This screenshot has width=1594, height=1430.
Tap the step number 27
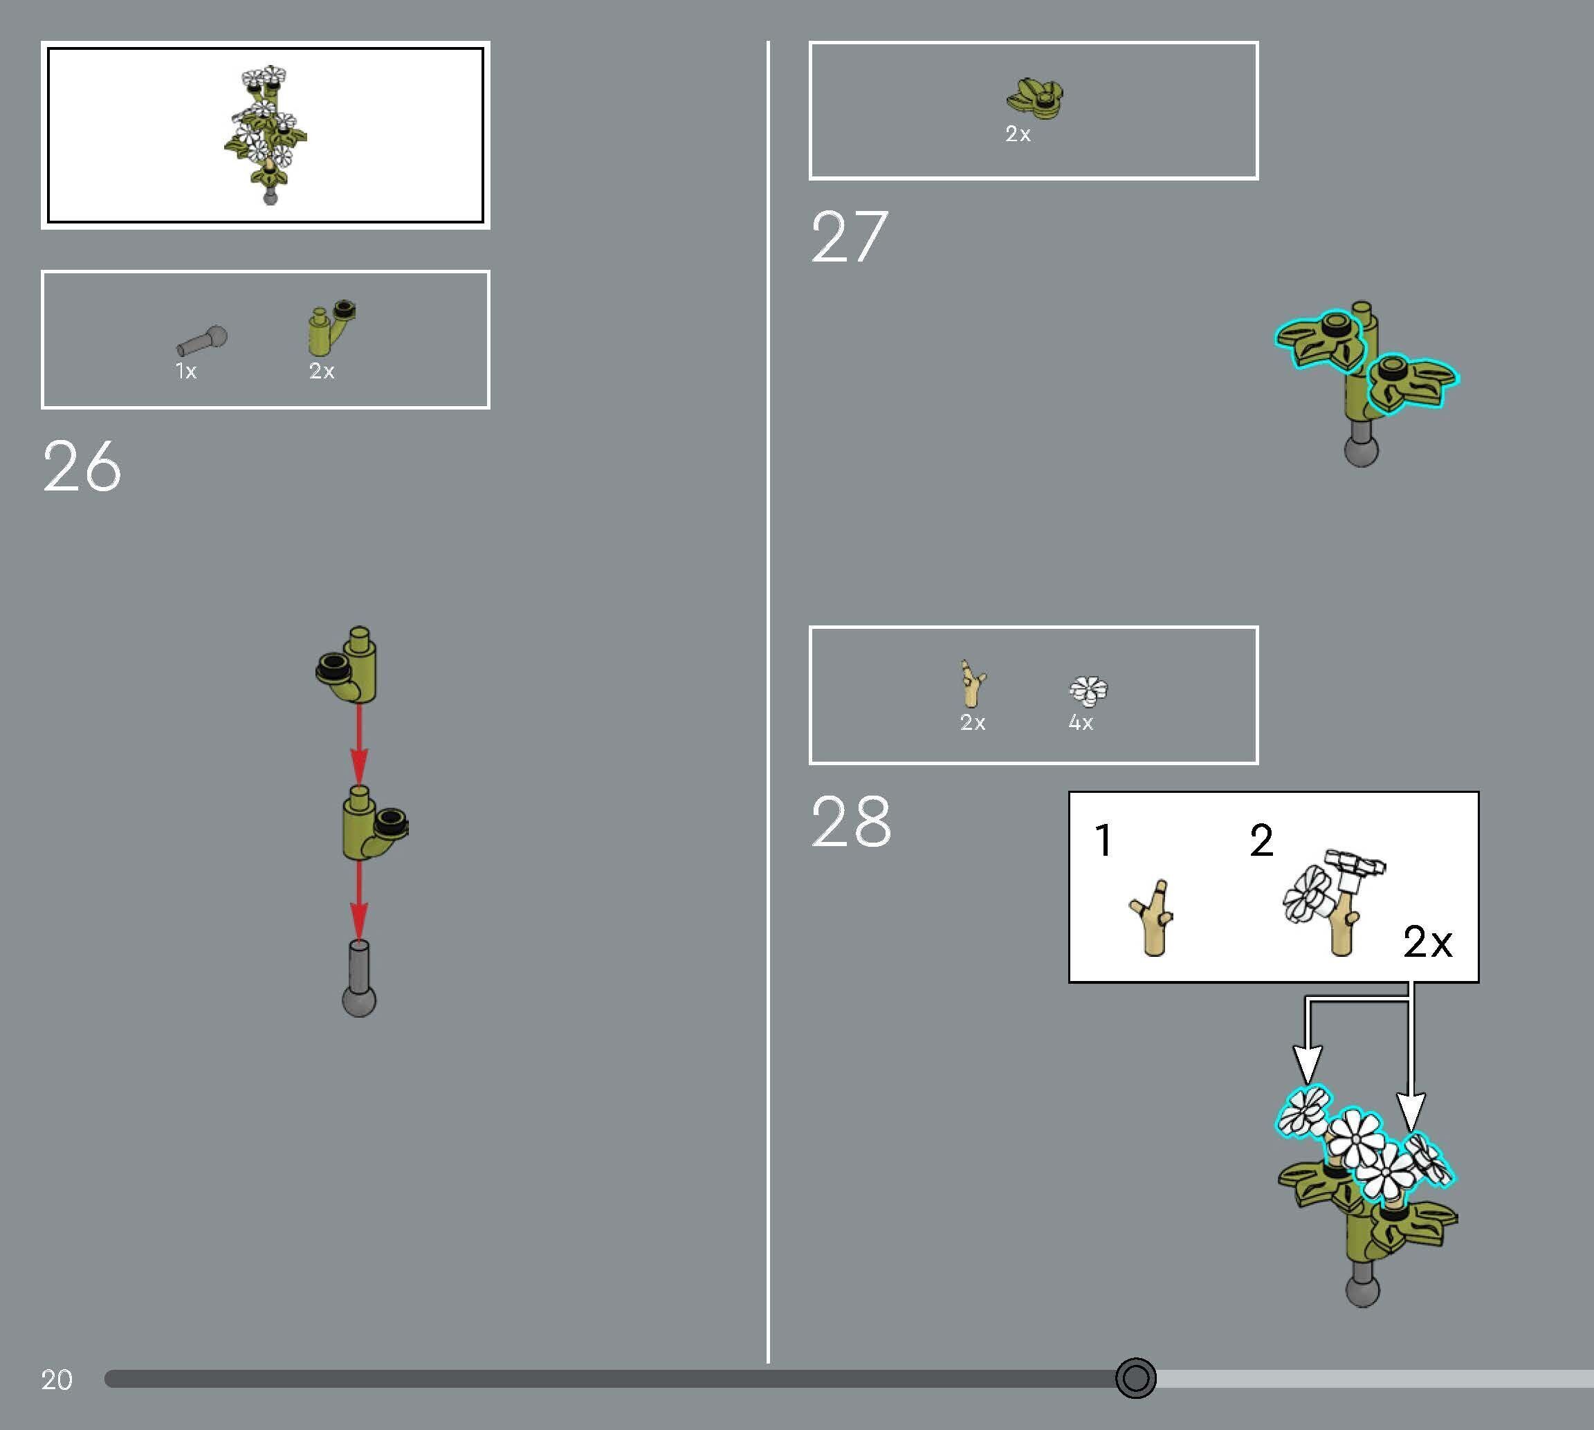click(x=850, y=237)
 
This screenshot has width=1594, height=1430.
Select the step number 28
click(x=851, y=822)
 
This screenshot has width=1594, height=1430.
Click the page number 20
click(x=57, y=1379)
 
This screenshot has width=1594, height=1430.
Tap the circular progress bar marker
click(x=1135, y=1378)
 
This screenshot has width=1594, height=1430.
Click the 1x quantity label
click(x=185, y=371)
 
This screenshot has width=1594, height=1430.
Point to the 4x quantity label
click(x=1080, y=722)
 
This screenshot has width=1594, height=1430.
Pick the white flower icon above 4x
click(x=1088, y=690)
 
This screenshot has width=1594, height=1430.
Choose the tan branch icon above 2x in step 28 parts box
click(x=973, y=684)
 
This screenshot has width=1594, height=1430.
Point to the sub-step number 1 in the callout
click(x=1103, y=840)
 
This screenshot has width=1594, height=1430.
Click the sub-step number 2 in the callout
click(x=1261, y=840)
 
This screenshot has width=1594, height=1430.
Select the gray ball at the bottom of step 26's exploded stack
click(x=359, y=1001)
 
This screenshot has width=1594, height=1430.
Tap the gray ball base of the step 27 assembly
click(x=1362, y=450)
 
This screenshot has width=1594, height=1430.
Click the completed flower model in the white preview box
click(x=266, y=134)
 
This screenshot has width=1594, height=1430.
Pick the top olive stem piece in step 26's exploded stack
click(x=347, y=665)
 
